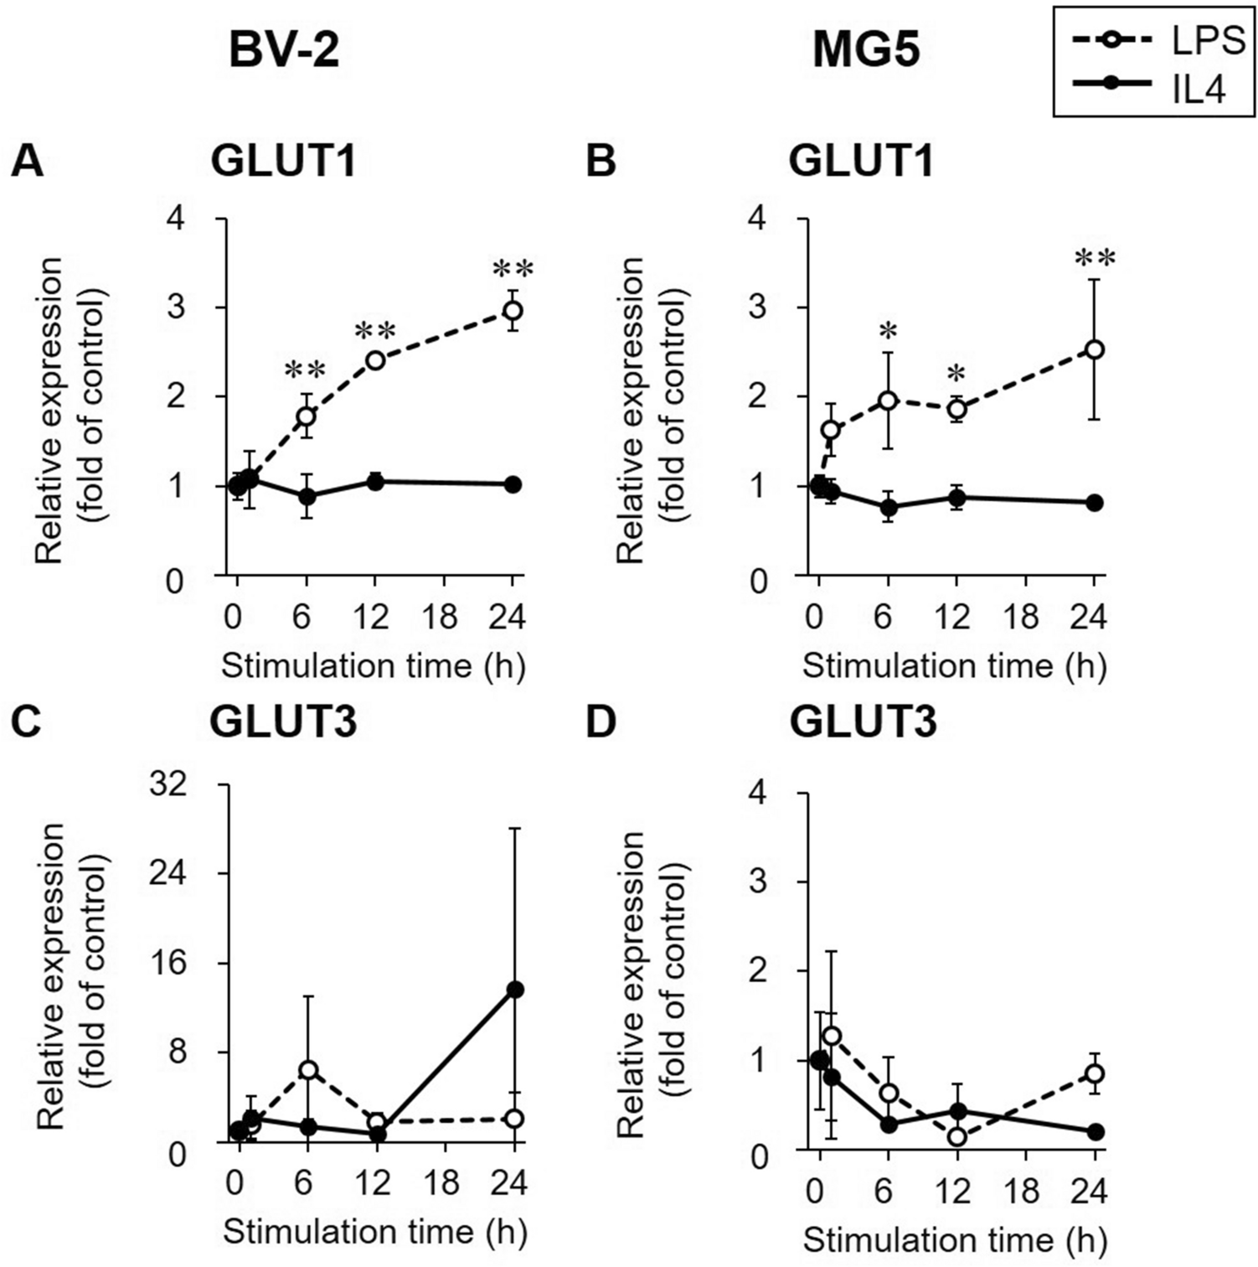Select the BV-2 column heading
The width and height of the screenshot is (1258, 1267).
click(x=284, y=51)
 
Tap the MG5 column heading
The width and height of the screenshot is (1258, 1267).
click(x=866, y=51)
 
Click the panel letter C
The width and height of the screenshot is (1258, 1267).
click(x=27, y=722)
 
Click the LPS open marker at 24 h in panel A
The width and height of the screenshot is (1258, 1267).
click(x=513, y=311)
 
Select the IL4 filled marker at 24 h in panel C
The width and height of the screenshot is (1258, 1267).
click(x=515, y=990)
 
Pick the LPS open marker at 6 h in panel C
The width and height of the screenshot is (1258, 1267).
click(x=307, y=1070)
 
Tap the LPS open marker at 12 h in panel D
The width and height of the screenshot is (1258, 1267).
click(x=956, y=1137)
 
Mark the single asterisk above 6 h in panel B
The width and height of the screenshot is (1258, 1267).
click(x=888, y=332)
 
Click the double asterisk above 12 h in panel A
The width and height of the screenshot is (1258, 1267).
click(x=374, y=330)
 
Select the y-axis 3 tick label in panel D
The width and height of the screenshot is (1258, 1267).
click(x=758, y=882)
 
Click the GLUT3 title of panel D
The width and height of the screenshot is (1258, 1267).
click(x=863, y=722)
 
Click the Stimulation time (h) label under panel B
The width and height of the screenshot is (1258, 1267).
click(x=955, y=666)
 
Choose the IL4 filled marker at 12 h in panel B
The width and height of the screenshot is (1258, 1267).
click(x=956, y=498)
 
